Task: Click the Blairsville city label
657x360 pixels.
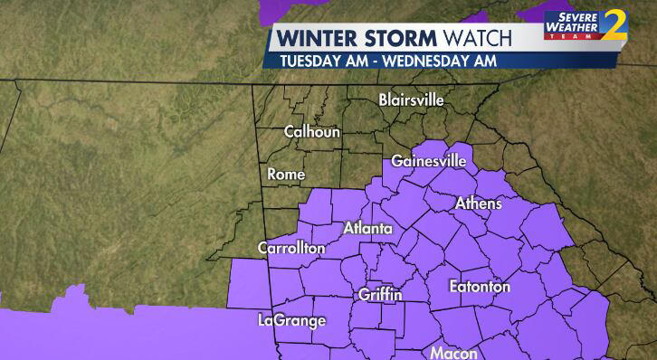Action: (411, 99)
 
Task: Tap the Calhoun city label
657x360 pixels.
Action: (311, 131)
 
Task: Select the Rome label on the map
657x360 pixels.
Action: (286, 174)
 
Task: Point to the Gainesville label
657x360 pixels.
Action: (428, 161)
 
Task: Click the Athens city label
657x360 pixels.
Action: (478, 204)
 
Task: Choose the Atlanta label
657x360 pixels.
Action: (367, 229)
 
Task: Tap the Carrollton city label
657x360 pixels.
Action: (290, 248)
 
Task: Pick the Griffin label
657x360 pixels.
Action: (380, 295)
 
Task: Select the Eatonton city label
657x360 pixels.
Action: (480, 287)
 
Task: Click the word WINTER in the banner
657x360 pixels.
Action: (317, 39)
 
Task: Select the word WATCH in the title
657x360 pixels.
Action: (478, 39)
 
